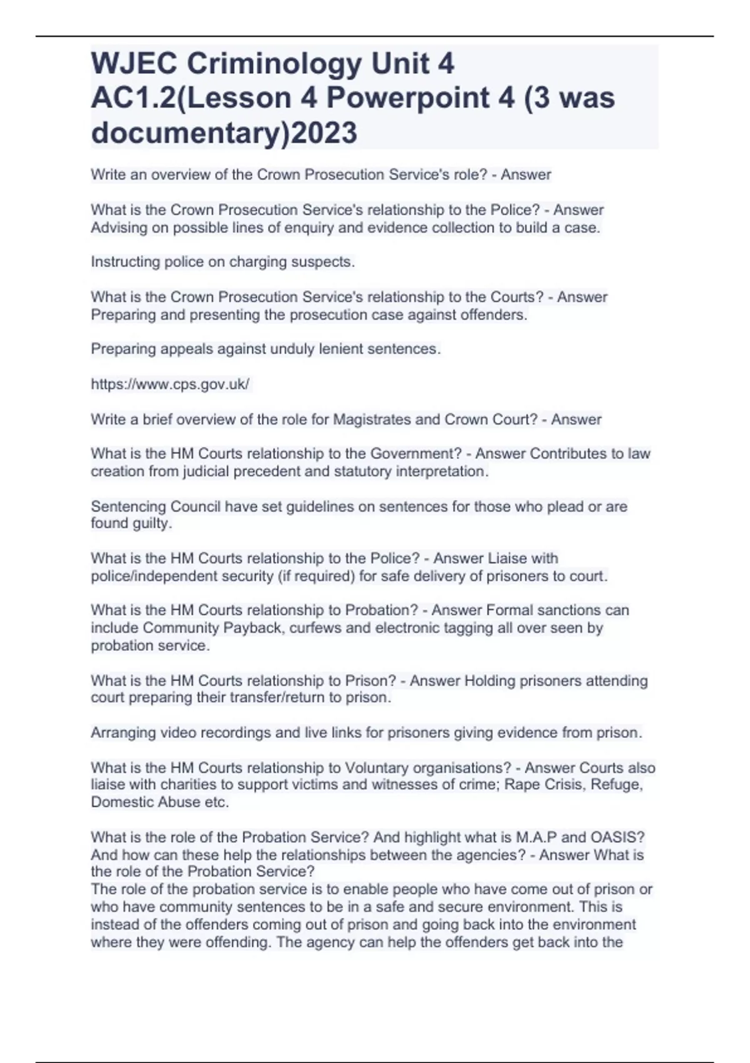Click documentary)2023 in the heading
point(224,133)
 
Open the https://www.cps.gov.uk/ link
point(170,384)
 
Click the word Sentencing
point(128,506)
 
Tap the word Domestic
point(119,802)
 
